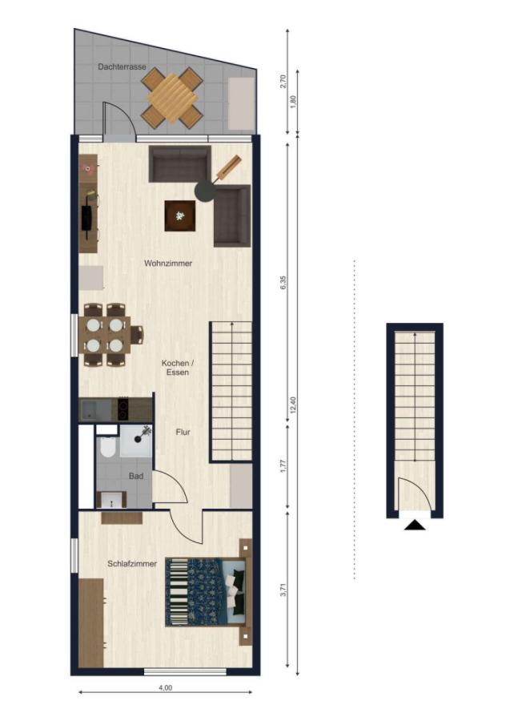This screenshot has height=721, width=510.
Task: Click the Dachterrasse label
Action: (122, 68)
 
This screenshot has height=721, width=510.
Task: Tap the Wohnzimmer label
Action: (168, 264)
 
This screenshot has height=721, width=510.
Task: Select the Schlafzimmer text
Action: (132, 564)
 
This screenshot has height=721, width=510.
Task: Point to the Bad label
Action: (136, 476)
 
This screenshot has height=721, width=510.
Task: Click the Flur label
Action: (183, 432)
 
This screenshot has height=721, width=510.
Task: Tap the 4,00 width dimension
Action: (165, 687)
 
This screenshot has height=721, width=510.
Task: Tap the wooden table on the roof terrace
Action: (171, 99)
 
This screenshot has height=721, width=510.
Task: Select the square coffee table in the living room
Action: (179, 215)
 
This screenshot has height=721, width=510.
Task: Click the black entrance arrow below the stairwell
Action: (415, 525)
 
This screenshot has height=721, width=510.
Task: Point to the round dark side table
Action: (205, 191)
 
